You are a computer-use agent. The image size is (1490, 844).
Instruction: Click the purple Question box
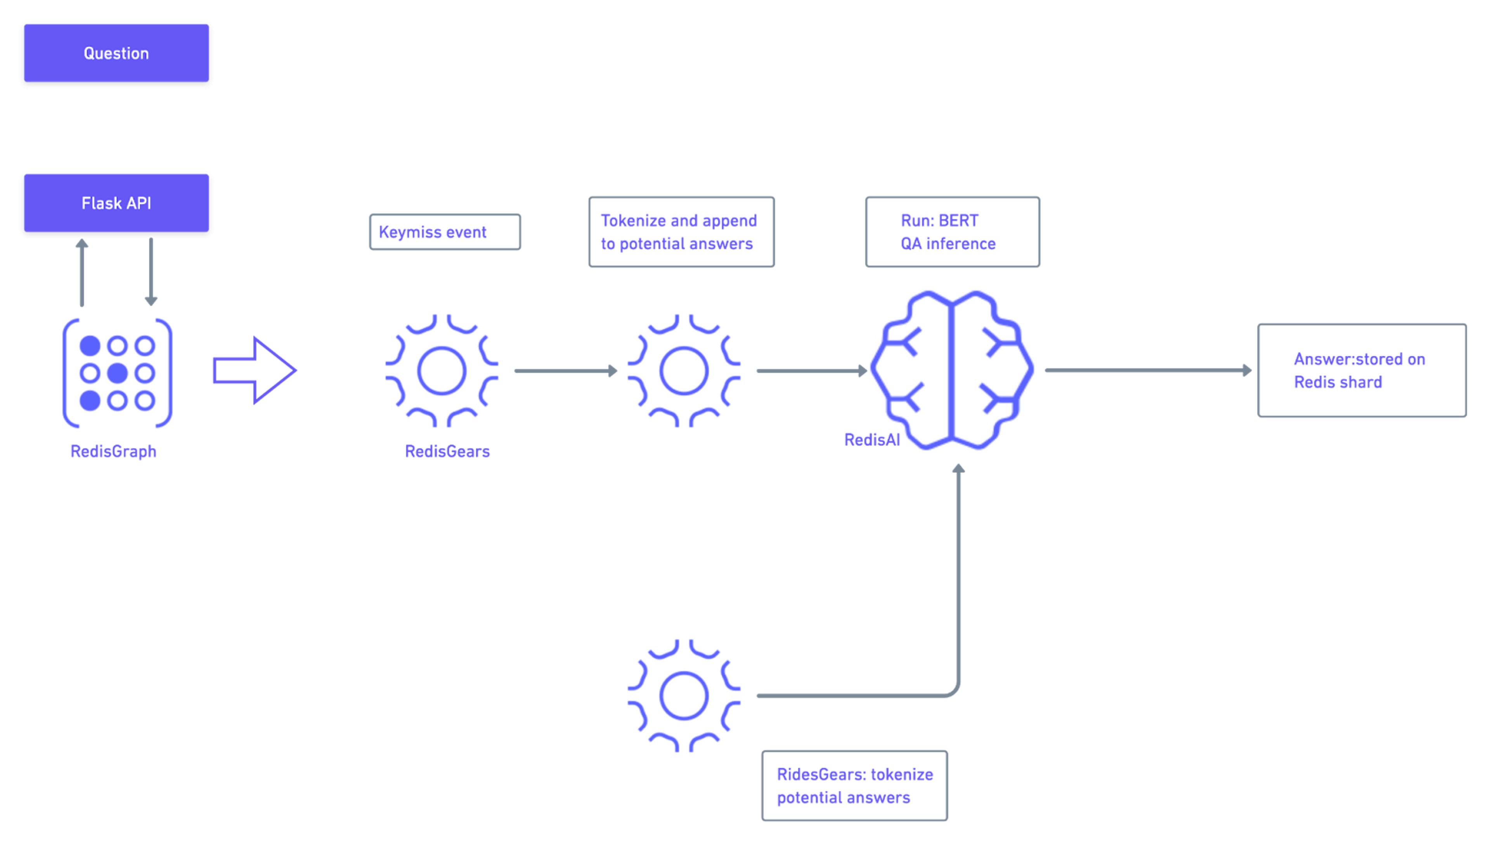point(116,53)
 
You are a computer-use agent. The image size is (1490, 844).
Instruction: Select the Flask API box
point(116,203)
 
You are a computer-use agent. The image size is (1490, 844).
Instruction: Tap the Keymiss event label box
point(445,232)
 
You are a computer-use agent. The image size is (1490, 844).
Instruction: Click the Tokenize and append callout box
point(681,232)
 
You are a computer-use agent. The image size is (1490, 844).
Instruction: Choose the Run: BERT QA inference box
point(952,232)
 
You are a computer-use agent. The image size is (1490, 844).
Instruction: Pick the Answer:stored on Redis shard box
point(1362,370)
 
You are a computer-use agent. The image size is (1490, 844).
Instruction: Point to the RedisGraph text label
point(114,452)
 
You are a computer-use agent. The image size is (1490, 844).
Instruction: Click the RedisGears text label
point(447,452)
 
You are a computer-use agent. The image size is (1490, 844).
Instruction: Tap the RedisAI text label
point(872,440)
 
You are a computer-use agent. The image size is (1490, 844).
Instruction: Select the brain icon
point(952,370)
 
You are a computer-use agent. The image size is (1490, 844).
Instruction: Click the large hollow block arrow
point(255,370)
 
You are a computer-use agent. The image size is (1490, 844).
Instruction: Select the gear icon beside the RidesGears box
point(684,696)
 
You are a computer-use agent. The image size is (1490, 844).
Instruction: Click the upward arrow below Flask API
point(82,273)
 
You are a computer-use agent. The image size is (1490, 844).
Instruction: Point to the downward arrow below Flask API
point(151,272)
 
